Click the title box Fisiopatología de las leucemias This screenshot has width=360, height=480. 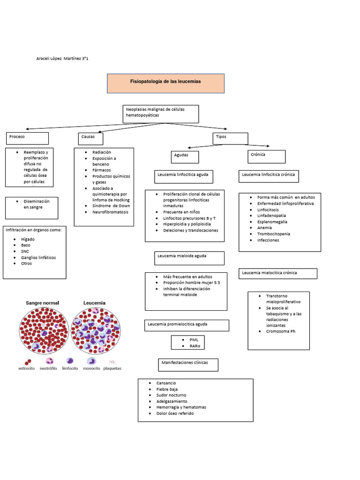click(x=165, y=82)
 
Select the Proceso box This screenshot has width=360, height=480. click(x=27, y=138)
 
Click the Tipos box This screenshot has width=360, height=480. click(x=230, y=138)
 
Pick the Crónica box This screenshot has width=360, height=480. click(x=266, y=156)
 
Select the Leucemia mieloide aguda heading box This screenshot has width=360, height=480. click(x=189, y=258)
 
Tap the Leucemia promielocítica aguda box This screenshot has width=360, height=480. click(x=187, y=325)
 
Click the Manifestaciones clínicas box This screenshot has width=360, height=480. click(x=188, y=364)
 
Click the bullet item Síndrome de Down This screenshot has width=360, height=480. click(x=111, y=206)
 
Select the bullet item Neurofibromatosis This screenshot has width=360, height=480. click(x=110, y=212)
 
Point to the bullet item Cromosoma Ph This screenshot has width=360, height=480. click(x=281, y=331)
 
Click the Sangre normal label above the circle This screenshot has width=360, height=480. click(x=42, y=303)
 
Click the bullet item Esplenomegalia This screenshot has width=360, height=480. click(x=272, y=222)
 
